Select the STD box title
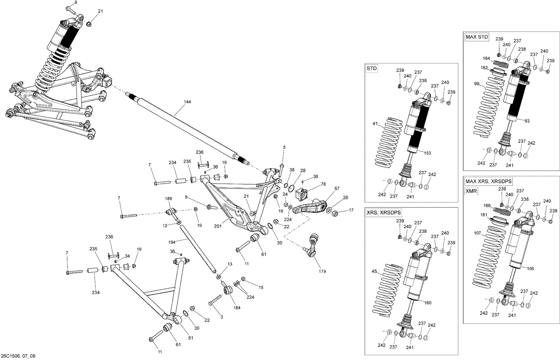[371, 69]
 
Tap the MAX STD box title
[477, 37]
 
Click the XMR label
[471, 191]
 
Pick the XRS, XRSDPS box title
[384, 212]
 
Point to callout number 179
[322, 271]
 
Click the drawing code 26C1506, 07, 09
[21, 356]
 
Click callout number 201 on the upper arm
[218, 226]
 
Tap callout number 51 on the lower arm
[190, 338]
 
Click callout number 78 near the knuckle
[323, 184]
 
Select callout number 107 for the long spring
[477, 234]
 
